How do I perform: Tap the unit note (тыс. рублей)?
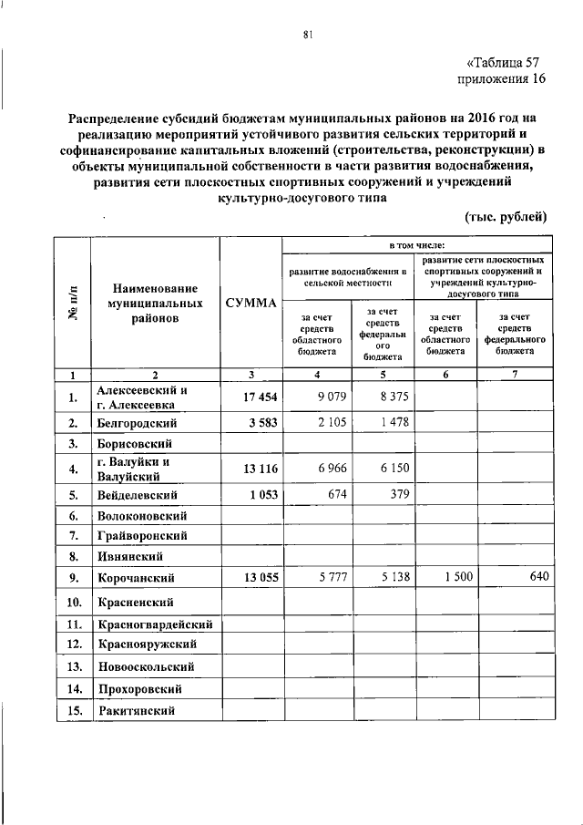pyautogui.click(x=506, y=216)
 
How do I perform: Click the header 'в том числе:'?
pyautogui.click(x=417, y=245)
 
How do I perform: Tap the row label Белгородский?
pyautogui.click(x=136, y=424)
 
